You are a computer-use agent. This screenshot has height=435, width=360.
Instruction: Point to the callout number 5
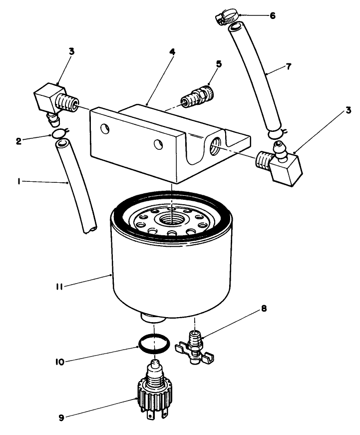tap(218, 64)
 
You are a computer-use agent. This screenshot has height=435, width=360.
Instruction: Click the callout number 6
tap(272, 15)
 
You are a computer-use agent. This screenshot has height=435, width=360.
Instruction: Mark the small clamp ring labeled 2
tap(58, 133)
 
